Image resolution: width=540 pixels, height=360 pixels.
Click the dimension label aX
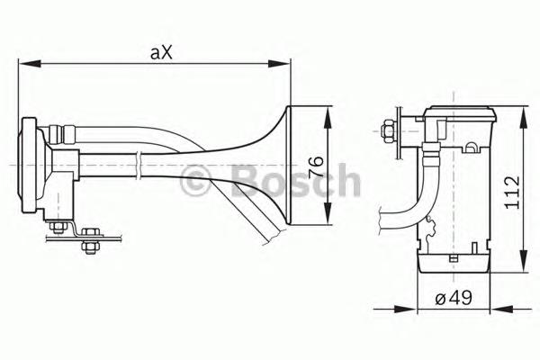[x=161, y=53]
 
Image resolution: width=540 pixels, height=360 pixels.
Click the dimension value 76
[x=316, y=166]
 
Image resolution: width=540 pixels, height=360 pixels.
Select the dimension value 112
[x=511, y=193]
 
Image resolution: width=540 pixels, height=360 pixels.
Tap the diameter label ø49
[x=454, y=298]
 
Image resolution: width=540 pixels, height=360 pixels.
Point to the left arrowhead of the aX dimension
[x=30, y=64]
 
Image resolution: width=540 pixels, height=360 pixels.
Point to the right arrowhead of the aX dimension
[x=279, y=64]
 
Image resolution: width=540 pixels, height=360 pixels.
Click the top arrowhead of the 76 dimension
[x=328, y=118]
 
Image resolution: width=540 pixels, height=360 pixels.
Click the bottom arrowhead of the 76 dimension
[x=328, y=213]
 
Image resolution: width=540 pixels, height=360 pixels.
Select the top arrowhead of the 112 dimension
[x=524, y=118]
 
